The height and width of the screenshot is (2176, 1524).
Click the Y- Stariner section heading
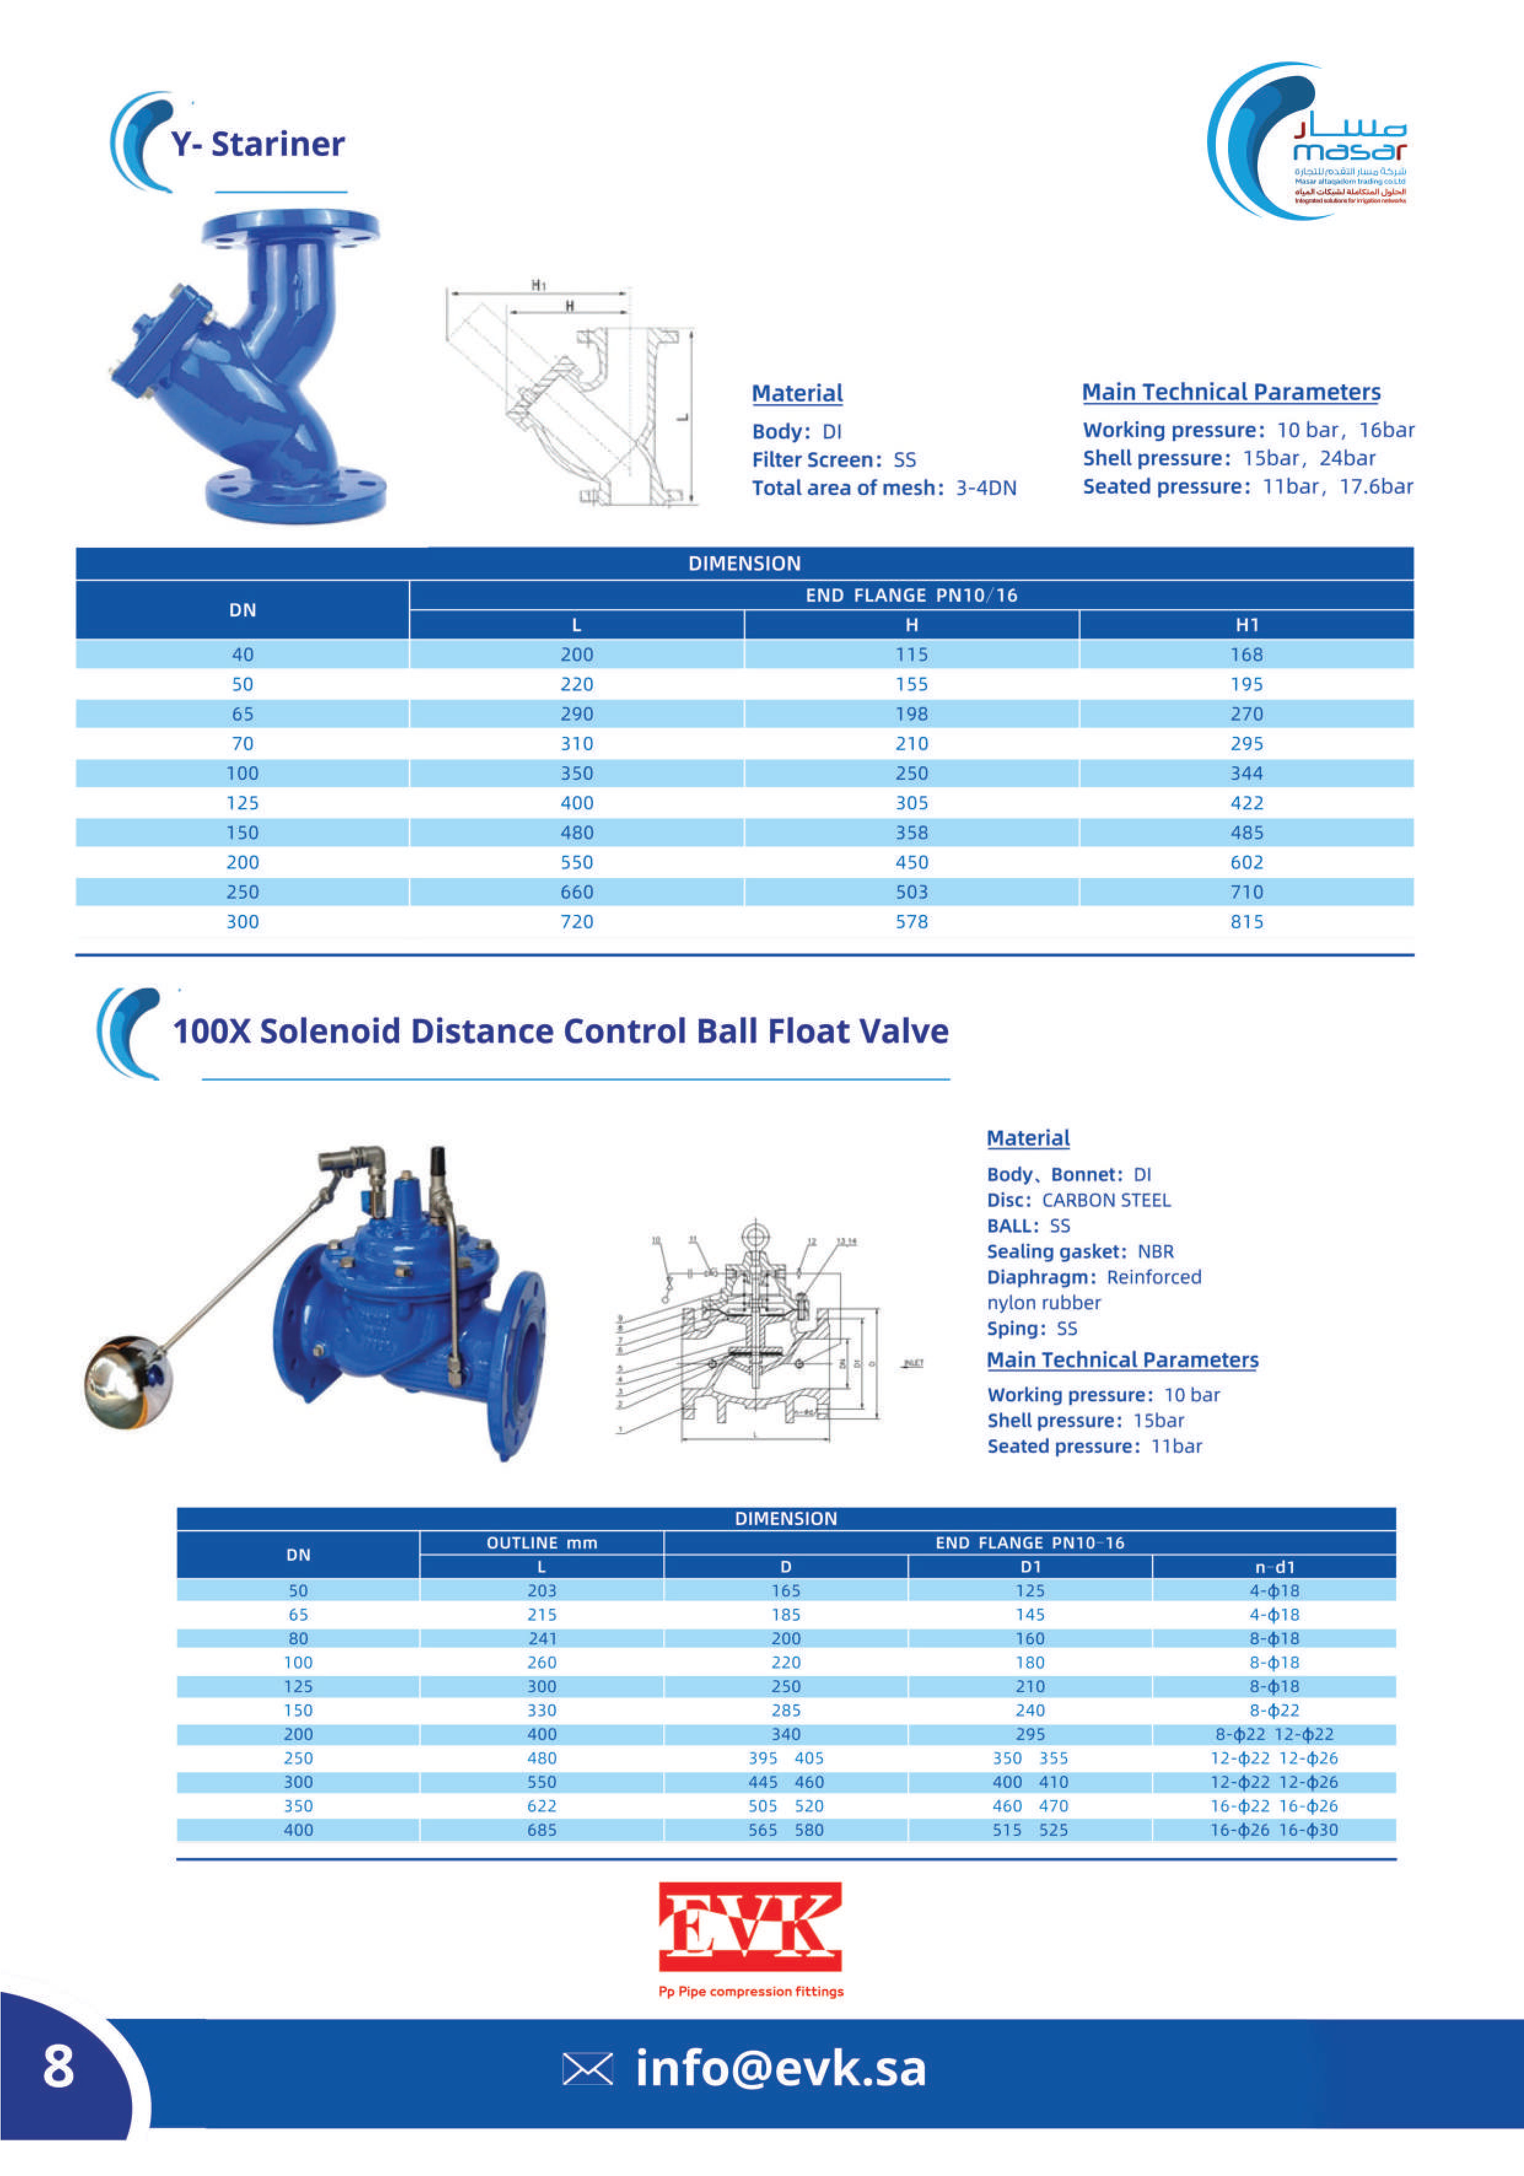(258, 144)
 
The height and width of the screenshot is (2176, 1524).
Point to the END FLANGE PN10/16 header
(911, 595)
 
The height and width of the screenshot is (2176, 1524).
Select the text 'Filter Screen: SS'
(834, 460)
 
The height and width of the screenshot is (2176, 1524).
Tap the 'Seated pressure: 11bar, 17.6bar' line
(1247, 487)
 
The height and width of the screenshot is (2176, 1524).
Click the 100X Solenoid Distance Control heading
(560, 1031)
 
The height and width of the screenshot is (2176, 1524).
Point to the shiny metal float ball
(128, 1382)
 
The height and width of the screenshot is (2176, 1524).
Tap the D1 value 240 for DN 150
(1030, 1711)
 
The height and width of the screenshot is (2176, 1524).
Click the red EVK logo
(750, 1927)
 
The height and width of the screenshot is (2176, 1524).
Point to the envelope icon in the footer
(588, 2069)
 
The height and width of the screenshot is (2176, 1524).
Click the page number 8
(59, 2067)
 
